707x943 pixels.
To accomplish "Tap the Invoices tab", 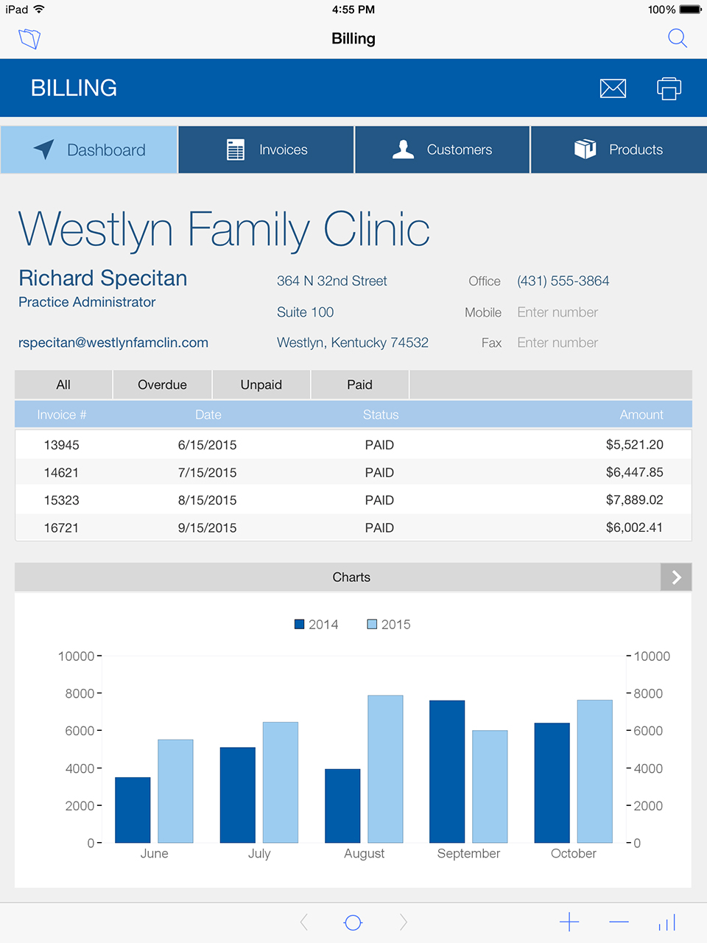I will pyautogui.click(x=267, y=150).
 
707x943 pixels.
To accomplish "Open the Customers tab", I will pyautogui.click(x=442, y=150).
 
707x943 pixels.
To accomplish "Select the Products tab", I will pyautogui.click(x=619, y=150).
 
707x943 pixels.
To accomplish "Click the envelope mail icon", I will pyautogui.click(x=613, y=88).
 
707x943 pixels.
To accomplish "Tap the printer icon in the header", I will pyautogui.click(x=669, y=88).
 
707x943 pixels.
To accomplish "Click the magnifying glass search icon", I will pyautogui.click(x=677, y=38).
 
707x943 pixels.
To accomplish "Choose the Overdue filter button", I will pyautogui.click(x=162, y=385).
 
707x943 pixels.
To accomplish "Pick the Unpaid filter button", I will pyautogui.click(x=261, y=385).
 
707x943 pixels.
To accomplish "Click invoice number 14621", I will pyautogui.click(x=61, y=472).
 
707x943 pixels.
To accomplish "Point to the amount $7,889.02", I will pyautogui.click(x=634, y=500).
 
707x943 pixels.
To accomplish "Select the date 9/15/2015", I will pyautogui.click(x=207, y=527).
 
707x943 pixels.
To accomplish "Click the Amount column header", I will pyautogui.click(x=641, y=415).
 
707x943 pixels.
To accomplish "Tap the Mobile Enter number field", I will pyautogui.click(x=557, y=312).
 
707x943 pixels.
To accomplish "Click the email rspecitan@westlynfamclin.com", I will pyautogui.click(x=113, y=343).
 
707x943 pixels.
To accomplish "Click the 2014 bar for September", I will pyautogui.click(x=447, y=771).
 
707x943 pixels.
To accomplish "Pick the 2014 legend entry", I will pyautogui.click(x=316, y=624).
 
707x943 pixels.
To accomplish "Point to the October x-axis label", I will pyautogui.click(x=573, y=853).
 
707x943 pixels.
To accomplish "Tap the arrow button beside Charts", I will pyautogui.click(x=676, y=578).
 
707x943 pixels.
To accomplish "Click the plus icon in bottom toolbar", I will pyautogui.click(x=569, y=922).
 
